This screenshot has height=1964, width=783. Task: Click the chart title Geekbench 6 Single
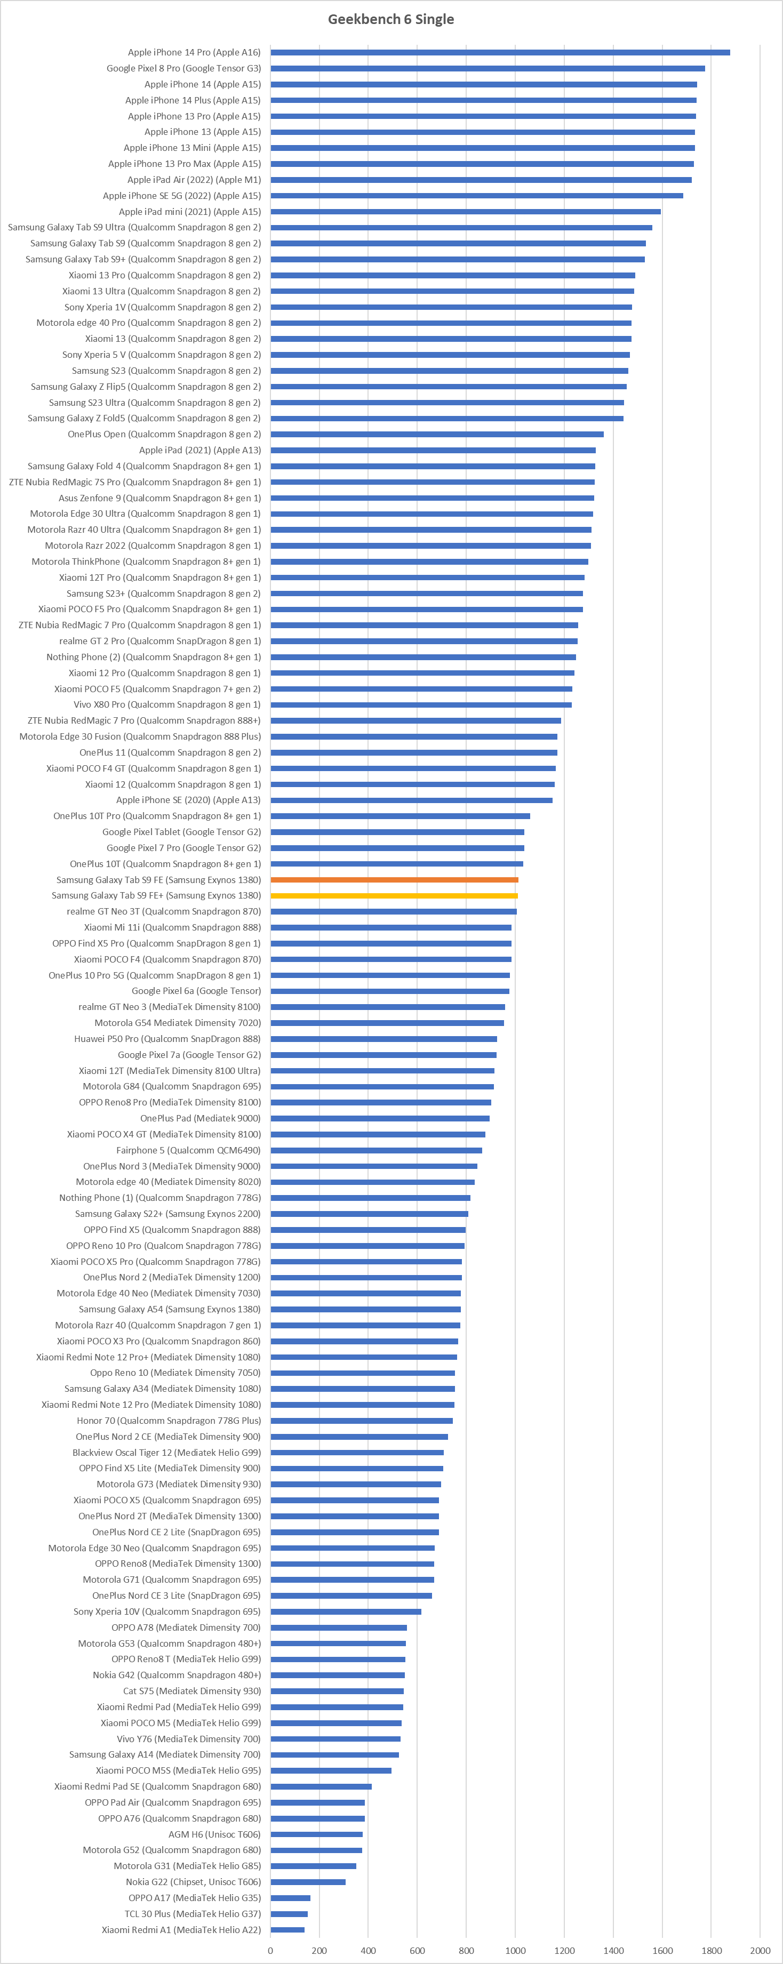coord(390,19)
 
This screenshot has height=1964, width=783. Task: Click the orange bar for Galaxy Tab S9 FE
coord(394,880)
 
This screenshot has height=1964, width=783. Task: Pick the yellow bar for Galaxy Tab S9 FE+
coord(394,896)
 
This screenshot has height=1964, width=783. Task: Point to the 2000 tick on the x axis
coord(760,1950)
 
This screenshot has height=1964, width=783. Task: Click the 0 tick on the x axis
coord(270,1950)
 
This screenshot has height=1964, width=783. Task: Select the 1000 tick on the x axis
coord(515,1950)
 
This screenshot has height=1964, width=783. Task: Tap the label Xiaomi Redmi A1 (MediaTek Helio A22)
coord(181,1930)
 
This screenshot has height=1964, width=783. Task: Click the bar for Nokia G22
coord(308,1882)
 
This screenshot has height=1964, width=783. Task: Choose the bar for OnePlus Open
coord(437,435)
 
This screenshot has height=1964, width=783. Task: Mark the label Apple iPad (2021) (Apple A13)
coord(200,451)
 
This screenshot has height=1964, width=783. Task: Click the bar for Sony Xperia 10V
coord(346,1611)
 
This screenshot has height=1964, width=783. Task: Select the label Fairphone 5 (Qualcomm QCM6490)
coord(188,1150)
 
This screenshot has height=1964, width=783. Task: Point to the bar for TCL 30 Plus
coord(289,1914)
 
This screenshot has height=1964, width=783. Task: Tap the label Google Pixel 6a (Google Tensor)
coord(196,991)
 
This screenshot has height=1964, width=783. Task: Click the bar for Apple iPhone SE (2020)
coord(412,800)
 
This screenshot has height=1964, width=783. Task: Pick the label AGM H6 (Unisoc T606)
coord(214,1834)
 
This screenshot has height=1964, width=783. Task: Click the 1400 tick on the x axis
coord(613,1950)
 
